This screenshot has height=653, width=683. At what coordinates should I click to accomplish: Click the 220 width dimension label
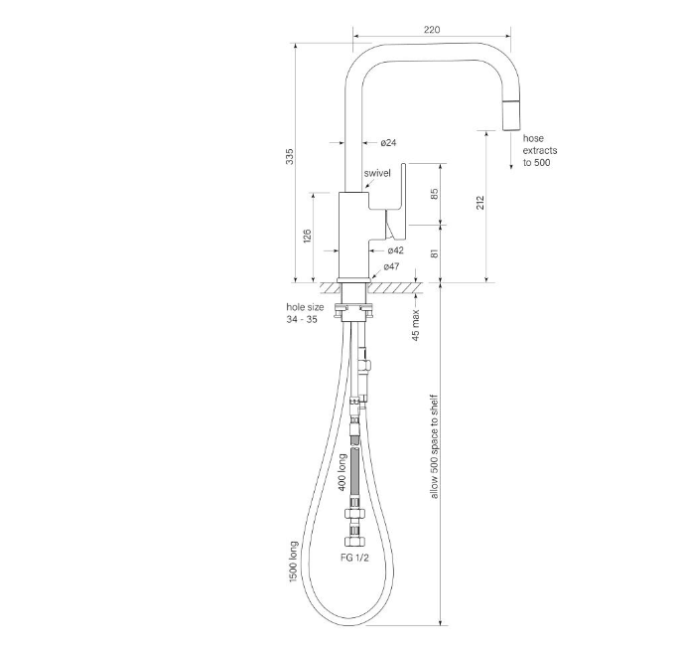coord(432,30)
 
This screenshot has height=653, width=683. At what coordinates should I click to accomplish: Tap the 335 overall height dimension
coord(290,157)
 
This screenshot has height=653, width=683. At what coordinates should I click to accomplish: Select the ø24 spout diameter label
coord(388,143)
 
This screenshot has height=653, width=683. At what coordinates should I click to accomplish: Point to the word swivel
coord(377,173)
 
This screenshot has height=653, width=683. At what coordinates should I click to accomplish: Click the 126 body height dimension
coord(307,236)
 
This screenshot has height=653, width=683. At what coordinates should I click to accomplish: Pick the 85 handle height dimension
coord(434,194)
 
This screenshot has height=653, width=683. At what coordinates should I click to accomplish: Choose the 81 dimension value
coord(434,253)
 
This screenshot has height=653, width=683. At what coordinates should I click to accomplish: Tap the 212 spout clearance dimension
coord(480,203)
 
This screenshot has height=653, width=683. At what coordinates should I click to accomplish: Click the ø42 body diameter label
coord(395,250)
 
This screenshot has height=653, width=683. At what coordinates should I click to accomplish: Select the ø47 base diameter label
coord(391,266)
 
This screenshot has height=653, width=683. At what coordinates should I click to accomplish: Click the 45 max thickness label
coord(416,325)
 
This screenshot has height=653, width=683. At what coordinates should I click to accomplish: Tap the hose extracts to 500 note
coord(540,150)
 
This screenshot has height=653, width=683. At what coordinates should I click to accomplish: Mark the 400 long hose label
coord(342,472)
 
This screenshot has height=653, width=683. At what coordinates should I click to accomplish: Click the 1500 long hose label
coord(293,562)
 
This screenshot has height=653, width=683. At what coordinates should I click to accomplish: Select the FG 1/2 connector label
coord(354,558)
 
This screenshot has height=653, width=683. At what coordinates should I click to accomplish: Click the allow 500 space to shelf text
coord(434,447)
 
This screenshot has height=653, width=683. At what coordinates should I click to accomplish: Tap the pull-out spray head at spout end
coord(512,115)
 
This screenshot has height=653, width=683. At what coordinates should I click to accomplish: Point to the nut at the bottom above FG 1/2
coord(355,543)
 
